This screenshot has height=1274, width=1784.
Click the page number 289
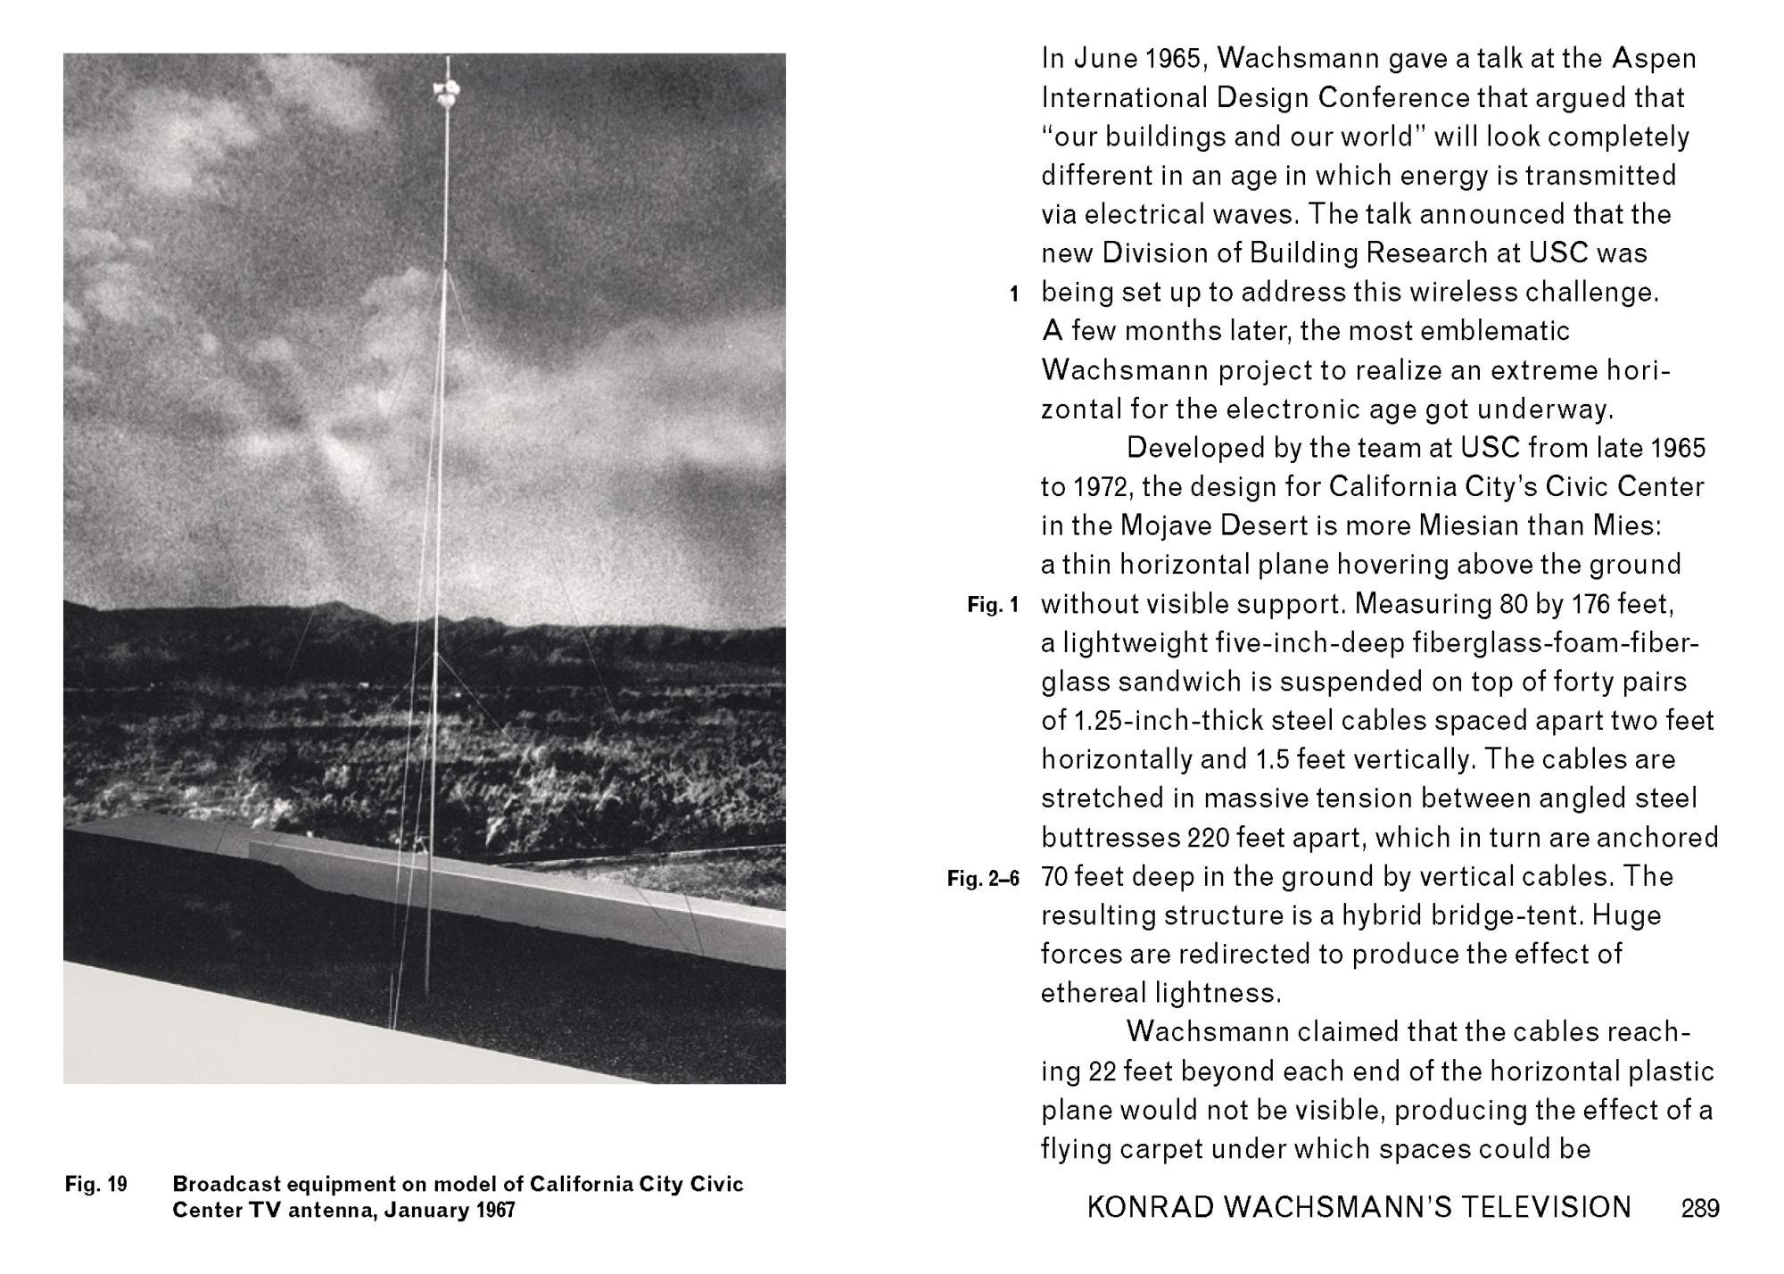pos(1700,1208)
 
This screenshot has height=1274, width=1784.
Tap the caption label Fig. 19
pos(96,1185)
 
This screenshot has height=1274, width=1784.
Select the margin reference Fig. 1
pos(992,606)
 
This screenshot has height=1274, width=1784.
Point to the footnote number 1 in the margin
pos(1013,294)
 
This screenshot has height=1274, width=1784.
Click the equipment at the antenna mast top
pos(445,91)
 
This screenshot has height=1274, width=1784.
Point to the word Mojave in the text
pos(1171,525)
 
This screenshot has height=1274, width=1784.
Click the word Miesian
pos(1433,525)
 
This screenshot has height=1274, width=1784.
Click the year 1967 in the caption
pos(496,1211)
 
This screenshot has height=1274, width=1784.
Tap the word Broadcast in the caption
pos(224,1185)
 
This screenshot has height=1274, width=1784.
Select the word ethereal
pos(1094,993)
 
